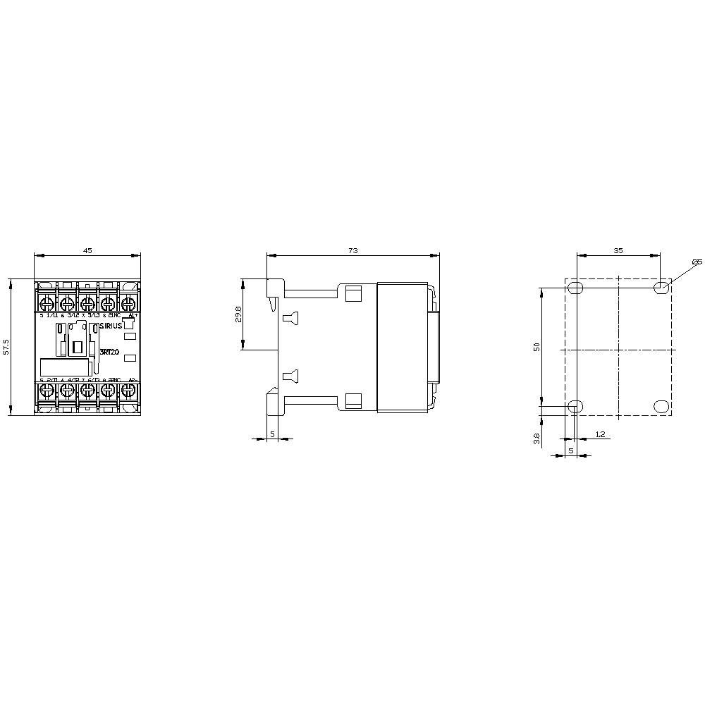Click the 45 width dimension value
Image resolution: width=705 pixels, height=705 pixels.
click(87, 250)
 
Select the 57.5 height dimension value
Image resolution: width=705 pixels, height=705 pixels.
click(6, 347)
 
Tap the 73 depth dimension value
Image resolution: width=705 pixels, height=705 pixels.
click(352, 250)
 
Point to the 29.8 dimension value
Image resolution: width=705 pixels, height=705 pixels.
click(238, 315)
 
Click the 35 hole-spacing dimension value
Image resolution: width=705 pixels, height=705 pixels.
click(618, 250)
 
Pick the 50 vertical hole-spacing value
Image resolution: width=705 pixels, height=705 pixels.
click(537, 347)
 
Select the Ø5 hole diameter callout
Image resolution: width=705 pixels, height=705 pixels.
click(697, 262)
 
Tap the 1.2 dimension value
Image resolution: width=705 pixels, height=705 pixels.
click(600, 435)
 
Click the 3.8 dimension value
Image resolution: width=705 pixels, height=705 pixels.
click(537, 439)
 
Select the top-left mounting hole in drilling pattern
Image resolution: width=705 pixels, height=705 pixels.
click(576, 287)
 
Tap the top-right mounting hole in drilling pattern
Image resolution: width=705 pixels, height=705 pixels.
click(661, 287)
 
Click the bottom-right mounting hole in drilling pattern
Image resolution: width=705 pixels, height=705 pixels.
click(661, 406)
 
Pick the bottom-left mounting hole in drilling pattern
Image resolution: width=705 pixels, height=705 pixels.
click(576, 406)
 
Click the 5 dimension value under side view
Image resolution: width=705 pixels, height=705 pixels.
click(272, 434)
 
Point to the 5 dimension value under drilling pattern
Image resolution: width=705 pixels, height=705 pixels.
click(570, 449)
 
